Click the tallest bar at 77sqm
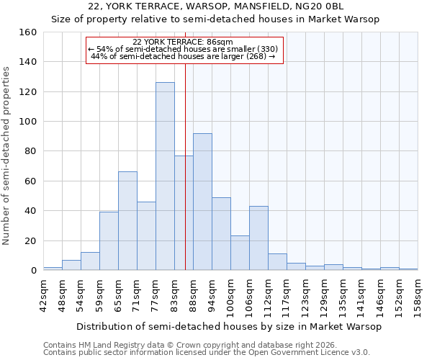tap(165, 176)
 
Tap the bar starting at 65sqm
tap(127, 221)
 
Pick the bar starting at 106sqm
tap(258, 238)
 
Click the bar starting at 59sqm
tap(109, 241)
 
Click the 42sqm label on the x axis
tap(43, 296)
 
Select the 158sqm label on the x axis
tap(418, 296)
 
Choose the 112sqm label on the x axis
tap(268, 296)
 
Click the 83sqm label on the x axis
tap(174, 296)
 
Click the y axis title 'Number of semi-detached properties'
tap(7, 151)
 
